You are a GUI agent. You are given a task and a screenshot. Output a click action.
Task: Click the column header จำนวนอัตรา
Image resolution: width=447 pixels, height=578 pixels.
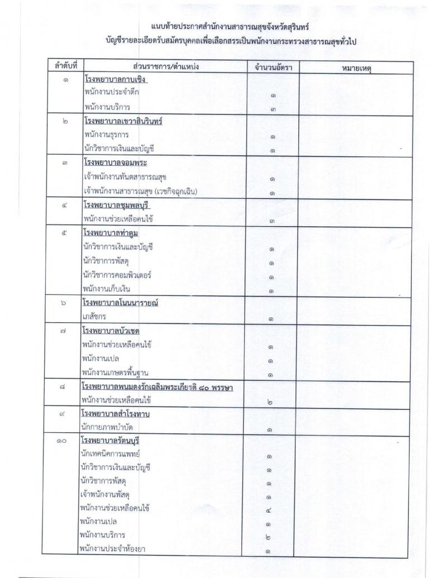(x=273, y=68)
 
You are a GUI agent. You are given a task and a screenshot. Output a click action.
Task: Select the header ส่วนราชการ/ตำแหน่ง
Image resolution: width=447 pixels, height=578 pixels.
(x=167, y=67)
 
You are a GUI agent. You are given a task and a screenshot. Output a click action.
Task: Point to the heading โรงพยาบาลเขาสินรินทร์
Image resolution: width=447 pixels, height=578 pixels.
(x=122, y=122)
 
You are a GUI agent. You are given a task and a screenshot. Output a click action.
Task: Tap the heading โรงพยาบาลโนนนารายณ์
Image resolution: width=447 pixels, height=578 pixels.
(x=121, y=303)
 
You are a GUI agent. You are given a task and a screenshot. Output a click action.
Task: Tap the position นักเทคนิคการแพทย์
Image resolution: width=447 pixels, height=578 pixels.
(x=109, y=455)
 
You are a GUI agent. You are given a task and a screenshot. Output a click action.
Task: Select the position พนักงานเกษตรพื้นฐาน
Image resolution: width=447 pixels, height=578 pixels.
(x=116, y=372)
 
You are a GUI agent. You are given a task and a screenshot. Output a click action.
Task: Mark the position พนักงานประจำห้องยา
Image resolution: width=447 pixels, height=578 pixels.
(x=113, y=550)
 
